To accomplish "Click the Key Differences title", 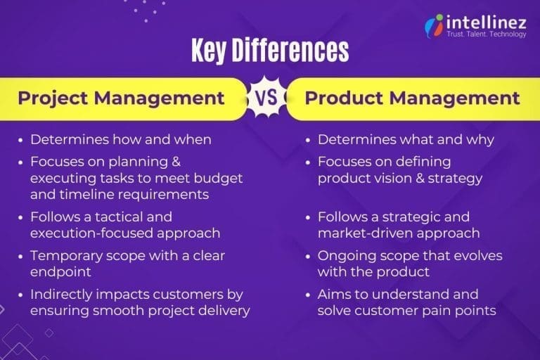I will tap(269, 51).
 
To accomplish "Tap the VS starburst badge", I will tap(266, 98).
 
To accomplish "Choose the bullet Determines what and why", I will tap(406, 139).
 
